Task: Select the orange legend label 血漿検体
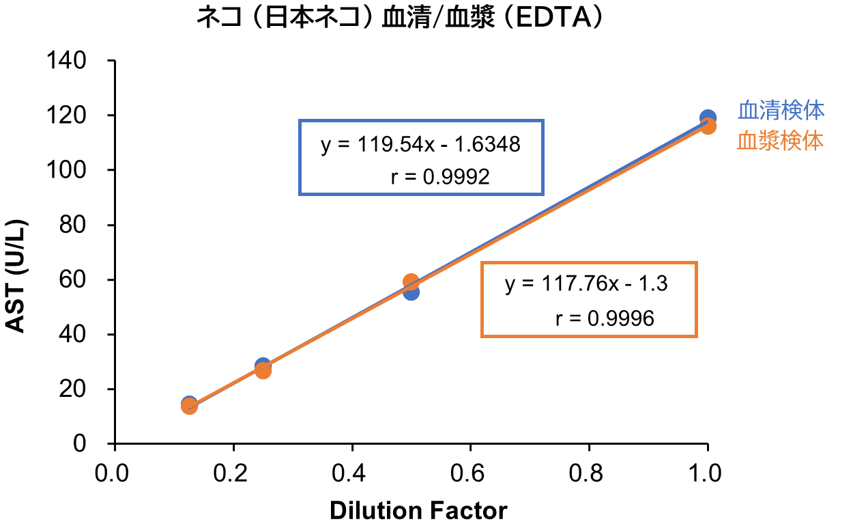pyautogui.click(x=780, y=141)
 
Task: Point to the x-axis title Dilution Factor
pyautogui.click(x=418, y=510)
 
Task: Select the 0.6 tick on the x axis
pyautogui.click(x=470, y=473)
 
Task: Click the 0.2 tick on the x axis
pyautogui.click(x=233, y=473)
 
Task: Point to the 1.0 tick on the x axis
pyautogui.click(x=707, y=473)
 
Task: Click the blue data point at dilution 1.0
pyautogui.click(x=708, y=117)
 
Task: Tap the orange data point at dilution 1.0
pyautogui.click(x=708, y=126)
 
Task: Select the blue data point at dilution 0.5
pyautogui.click(x=411, y=292)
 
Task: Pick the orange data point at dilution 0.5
pyautogui.click(x=411, y=281)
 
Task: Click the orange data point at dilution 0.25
pyautogui.click(x=263, y=371)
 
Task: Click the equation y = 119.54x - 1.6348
pyautogui.click(x=421, y=145)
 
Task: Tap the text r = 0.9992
pyautogui.click(x=440, y=177)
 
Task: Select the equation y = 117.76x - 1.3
pyautogui.click(x=586, y=284)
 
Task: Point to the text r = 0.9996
pyautogui.click(x=605, y=318)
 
